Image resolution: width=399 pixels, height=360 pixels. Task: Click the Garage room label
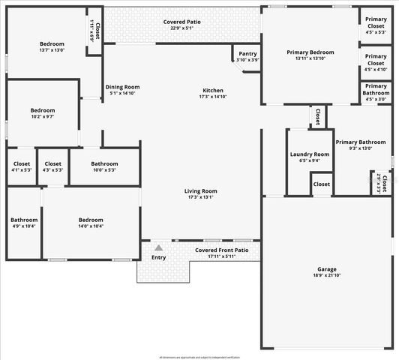tap(327, 268)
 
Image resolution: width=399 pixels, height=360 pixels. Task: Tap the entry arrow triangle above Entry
tap(158, 247)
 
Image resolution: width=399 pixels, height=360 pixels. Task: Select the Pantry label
tap(247, 54)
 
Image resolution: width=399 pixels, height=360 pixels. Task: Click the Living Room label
tap(200, 190)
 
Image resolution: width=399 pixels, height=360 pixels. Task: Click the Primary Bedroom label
tap(310, 52)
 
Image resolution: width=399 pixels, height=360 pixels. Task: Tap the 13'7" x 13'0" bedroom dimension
tap(52, 51)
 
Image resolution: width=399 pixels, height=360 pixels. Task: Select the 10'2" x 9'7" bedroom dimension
tap(42, 116)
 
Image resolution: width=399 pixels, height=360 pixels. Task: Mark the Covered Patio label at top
tap(181, 22)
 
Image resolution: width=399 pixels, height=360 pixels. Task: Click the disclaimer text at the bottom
tap(199, 356)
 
